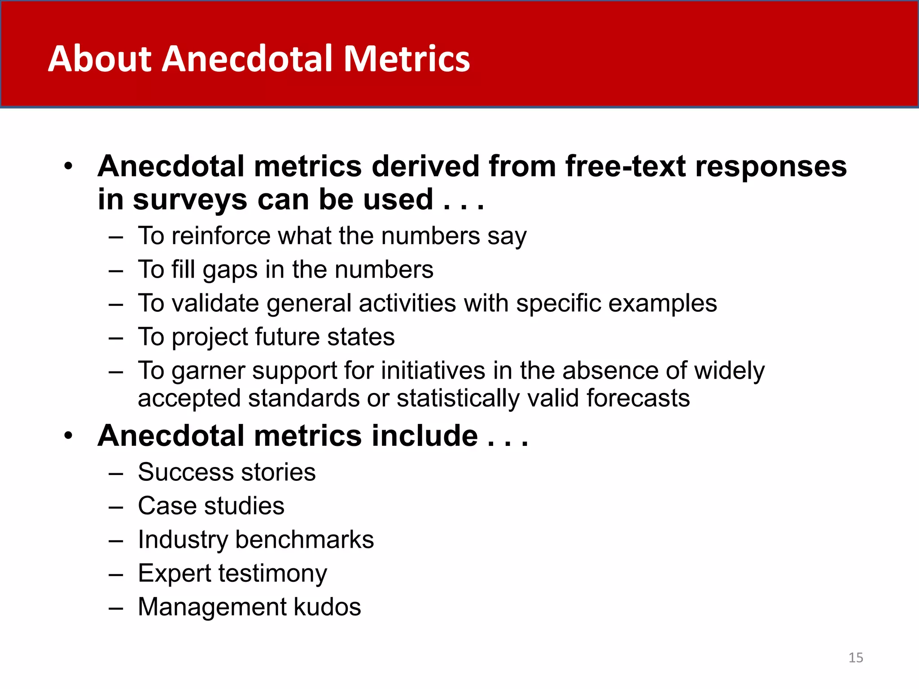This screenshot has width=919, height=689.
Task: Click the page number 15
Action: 855,658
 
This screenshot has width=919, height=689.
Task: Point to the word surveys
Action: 190,200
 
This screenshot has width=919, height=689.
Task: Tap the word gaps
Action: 230,270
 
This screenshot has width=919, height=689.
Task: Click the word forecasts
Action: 638,398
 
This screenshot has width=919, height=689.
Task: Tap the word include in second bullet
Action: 424,436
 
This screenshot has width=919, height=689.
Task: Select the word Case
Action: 167,506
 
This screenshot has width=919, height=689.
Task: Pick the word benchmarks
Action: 304,540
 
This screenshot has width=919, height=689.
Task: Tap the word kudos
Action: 327,607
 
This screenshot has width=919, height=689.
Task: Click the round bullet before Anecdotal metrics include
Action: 68,436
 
